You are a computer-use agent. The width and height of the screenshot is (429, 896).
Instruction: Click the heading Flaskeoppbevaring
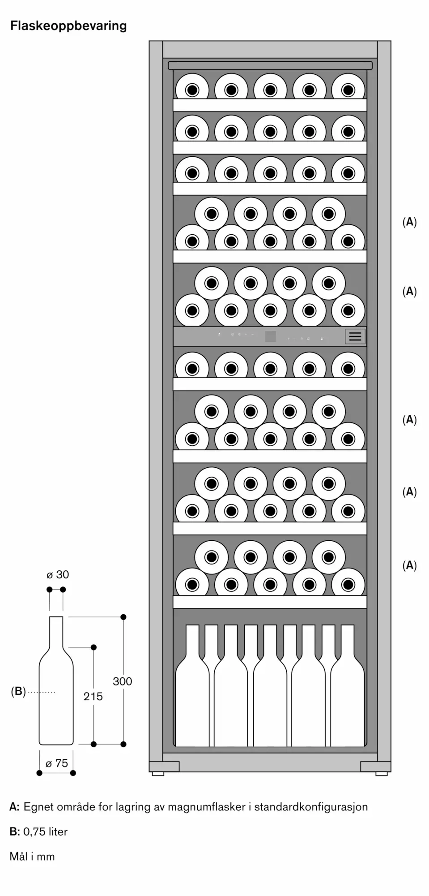point(68,26)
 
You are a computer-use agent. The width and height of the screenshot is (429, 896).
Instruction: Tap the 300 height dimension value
point(122,681)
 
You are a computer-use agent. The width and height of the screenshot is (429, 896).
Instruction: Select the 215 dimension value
point(93,696)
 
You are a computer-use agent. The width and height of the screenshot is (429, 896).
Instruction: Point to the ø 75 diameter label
point(57,763)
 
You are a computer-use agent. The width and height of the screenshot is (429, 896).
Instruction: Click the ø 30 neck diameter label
point(58,575)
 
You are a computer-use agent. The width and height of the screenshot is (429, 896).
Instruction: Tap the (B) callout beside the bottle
point(18,692)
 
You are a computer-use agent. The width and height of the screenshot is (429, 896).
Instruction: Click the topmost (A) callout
point(409,222)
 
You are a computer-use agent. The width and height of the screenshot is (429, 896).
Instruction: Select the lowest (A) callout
point(409,565)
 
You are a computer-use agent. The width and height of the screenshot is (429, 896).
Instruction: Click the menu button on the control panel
point(355,336)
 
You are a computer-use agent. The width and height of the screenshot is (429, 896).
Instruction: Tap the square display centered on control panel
point(270,336)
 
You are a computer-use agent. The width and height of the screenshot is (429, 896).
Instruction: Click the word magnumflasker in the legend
point(204,807)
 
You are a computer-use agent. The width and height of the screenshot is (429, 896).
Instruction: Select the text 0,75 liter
point(45,831)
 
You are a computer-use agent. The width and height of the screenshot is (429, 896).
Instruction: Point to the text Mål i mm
point(32,856)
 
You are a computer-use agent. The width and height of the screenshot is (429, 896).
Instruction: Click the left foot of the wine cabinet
point(158,774)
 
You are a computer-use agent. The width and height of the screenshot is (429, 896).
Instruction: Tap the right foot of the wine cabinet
point(381,774)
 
